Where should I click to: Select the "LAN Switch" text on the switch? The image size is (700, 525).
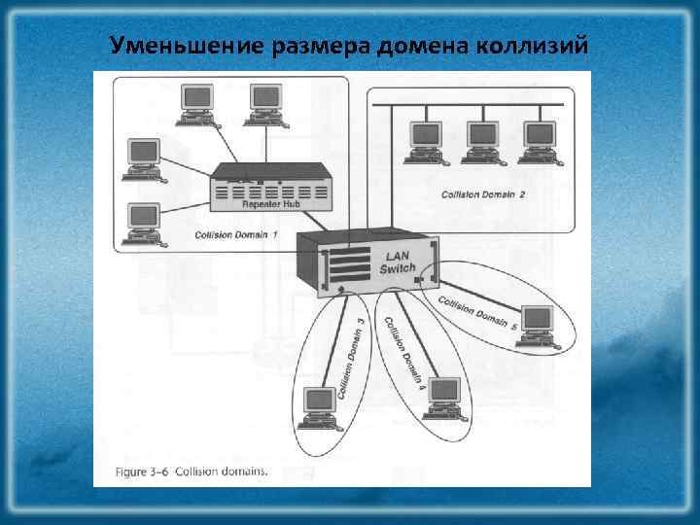coord(398,262)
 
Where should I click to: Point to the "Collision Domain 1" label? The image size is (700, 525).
coord(236,235)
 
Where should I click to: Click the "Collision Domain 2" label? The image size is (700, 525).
coord(483,194)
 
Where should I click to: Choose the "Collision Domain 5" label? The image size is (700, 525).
coord(477,312)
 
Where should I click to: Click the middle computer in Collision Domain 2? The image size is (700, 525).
coord(479,138)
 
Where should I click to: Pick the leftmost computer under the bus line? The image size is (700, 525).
coord(425,138)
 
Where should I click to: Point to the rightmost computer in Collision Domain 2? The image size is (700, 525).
coord(538,138)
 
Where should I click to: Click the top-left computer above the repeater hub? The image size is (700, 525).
coord(197,102)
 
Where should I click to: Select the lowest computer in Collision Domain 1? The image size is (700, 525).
coord(143,222)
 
